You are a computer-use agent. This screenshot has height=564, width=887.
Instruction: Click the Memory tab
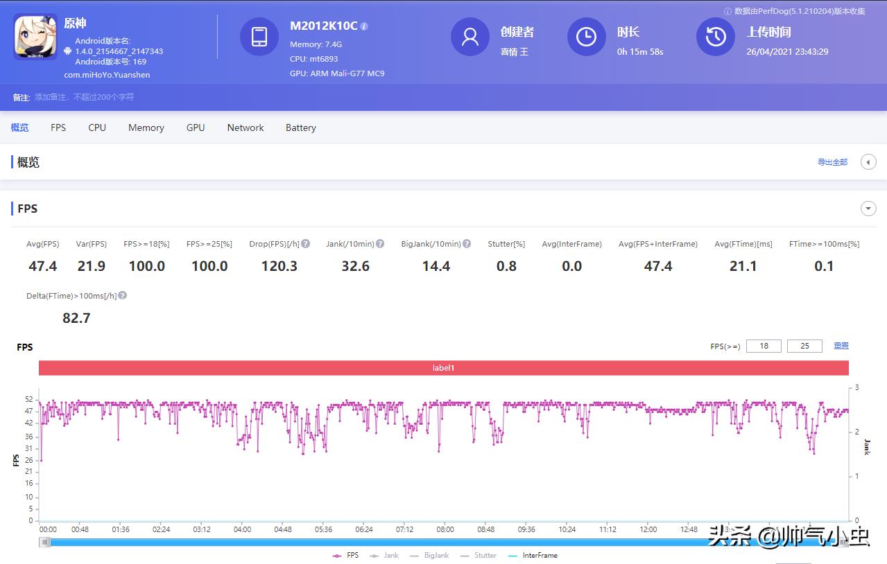[x=146, y=127]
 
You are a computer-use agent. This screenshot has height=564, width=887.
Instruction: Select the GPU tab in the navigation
[x=196, y=127]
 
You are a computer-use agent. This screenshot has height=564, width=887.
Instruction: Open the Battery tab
[x=300, y=127]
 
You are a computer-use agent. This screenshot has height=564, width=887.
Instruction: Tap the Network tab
[x=246, y=127]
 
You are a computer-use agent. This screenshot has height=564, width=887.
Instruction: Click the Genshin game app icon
[x=35, y=37]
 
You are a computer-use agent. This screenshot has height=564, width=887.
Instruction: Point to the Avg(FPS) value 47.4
[x=43, y=266]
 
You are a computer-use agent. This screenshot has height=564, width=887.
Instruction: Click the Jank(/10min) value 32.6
[x=355, y=266]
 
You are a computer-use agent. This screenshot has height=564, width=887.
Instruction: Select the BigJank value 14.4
[x=436, y=266]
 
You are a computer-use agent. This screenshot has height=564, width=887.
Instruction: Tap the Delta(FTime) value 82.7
[x=76, y=318]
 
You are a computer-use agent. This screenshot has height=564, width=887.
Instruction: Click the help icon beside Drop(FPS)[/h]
[x=306, y=244]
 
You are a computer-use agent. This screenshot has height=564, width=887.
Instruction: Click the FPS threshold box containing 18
[x=764, y=346]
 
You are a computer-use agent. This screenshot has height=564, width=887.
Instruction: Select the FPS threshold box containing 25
[x=804, y=346]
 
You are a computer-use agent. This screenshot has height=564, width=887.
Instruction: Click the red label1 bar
[x=443, y=368]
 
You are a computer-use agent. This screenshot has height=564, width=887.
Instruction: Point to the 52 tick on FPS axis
[x=29, y=400]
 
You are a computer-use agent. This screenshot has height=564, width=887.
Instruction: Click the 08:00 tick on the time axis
[x=445, y=529]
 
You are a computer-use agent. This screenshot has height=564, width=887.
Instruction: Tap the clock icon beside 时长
[x=586, y=37]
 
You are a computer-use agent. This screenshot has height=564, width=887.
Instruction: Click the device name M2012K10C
[x=323, y=26]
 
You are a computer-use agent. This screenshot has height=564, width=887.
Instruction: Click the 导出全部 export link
[x=832, y=162]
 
